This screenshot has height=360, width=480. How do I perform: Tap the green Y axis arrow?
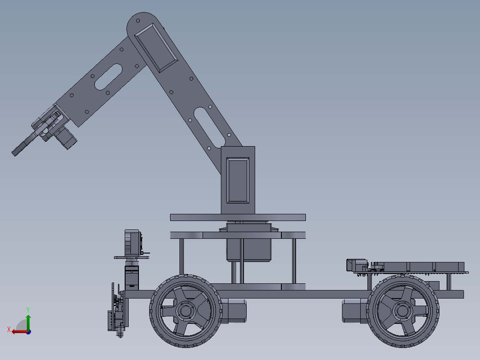(x=28, y=320)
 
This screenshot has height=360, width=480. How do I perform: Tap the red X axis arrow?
(x=17, y=331)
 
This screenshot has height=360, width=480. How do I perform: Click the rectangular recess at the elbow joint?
(x=156, y=47)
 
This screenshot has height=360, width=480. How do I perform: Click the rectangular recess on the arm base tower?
(x=238, y=180)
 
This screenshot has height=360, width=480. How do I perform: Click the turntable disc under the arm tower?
(x=238, y=217)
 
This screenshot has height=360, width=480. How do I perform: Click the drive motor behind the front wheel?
(x=233, y=311)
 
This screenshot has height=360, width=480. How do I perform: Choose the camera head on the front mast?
(x=133, y=243)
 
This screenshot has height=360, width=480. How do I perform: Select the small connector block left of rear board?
(x=356, y=265)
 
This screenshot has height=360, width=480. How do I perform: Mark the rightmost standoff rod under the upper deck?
(x=294, y=261)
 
